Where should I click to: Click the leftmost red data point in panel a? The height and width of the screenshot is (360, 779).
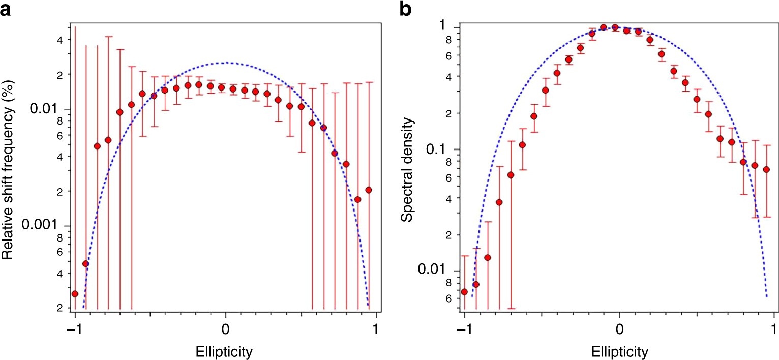tap(75, 294)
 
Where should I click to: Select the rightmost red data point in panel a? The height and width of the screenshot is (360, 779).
tap(369, 190)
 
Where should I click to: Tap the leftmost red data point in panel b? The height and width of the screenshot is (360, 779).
tap(464, 292)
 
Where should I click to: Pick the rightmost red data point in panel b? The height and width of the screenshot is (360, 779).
tap(766, 169)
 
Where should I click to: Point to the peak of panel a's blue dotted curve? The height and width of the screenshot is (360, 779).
tap(225, 63)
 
